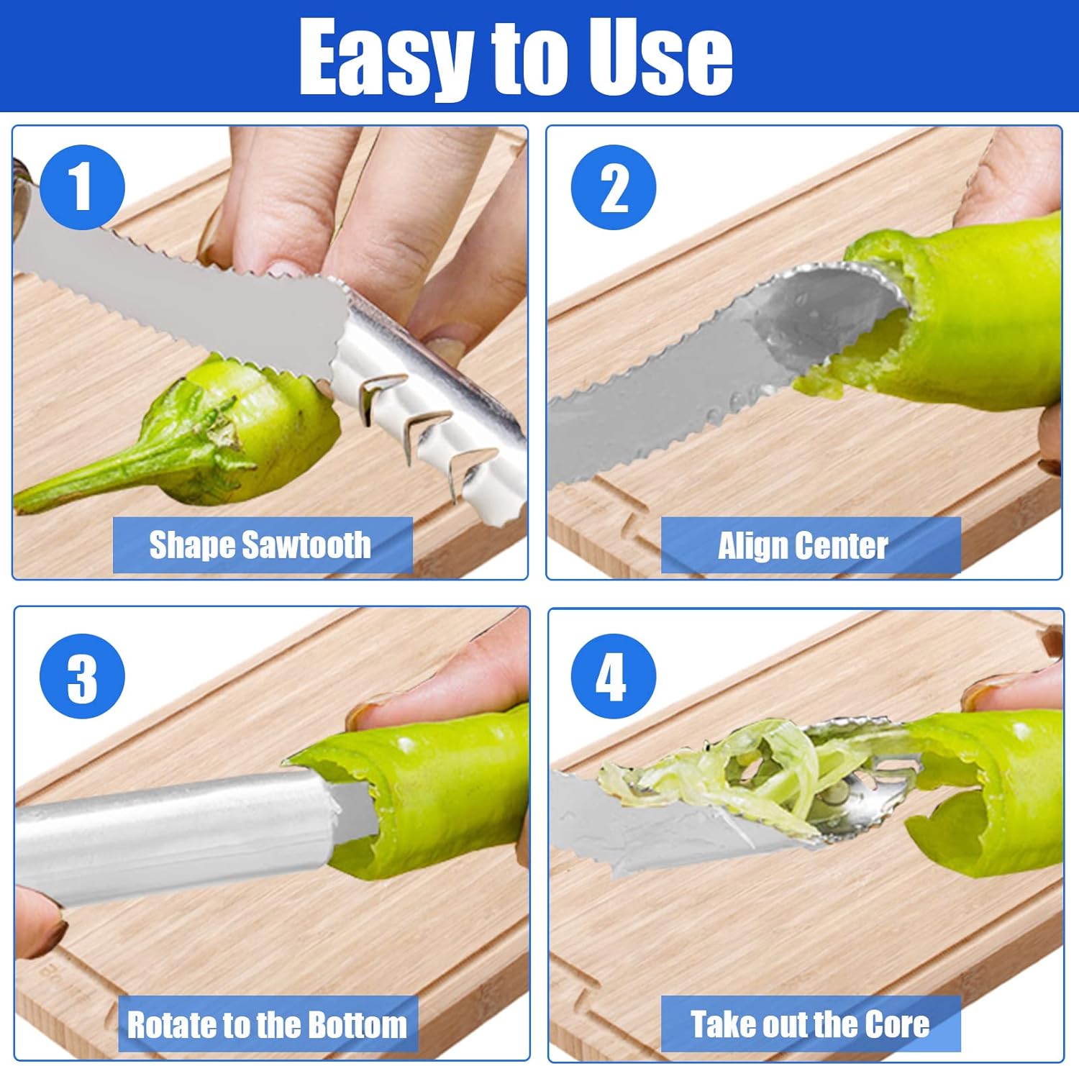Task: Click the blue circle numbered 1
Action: coord(82,187)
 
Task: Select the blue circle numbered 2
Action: coord(613,187)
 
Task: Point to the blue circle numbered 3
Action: coord(82,676)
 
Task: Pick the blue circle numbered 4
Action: coord(613,676)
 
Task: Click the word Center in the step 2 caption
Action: coord(840,546)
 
